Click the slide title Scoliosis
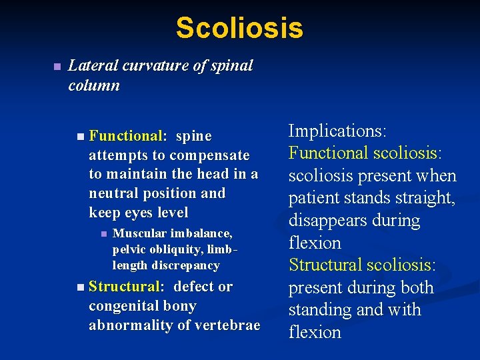[x=239, y=28]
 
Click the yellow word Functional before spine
[x=126, y=136]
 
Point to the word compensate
[x=209, y=155]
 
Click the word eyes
[x=137, y=213]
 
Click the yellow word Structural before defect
[x=125, y=287]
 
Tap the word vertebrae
[x=229, y=325]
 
